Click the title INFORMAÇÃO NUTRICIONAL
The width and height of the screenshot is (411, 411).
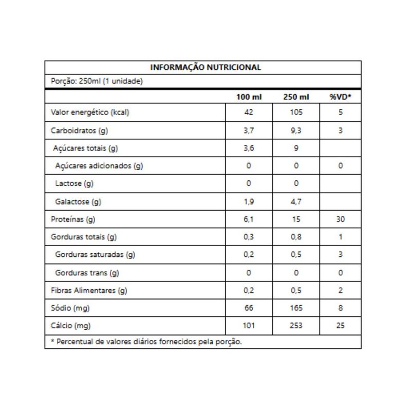206,67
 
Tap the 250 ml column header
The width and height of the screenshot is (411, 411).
296,98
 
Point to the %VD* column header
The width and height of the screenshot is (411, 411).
341,98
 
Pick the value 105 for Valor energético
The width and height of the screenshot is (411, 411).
296,113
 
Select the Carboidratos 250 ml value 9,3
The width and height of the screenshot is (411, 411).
296,130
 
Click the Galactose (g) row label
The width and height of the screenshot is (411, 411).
78,201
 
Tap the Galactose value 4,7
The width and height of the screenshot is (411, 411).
296,201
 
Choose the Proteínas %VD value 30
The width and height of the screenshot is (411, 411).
341,219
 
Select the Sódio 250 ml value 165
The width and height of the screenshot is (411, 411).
296,308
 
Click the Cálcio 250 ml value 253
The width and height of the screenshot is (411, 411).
296,326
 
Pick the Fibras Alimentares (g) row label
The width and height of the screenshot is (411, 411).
88,290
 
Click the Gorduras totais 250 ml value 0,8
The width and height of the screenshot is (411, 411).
296,237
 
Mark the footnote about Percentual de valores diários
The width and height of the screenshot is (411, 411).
146,342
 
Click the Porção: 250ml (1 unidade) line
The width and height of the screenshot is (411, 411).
96,81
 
